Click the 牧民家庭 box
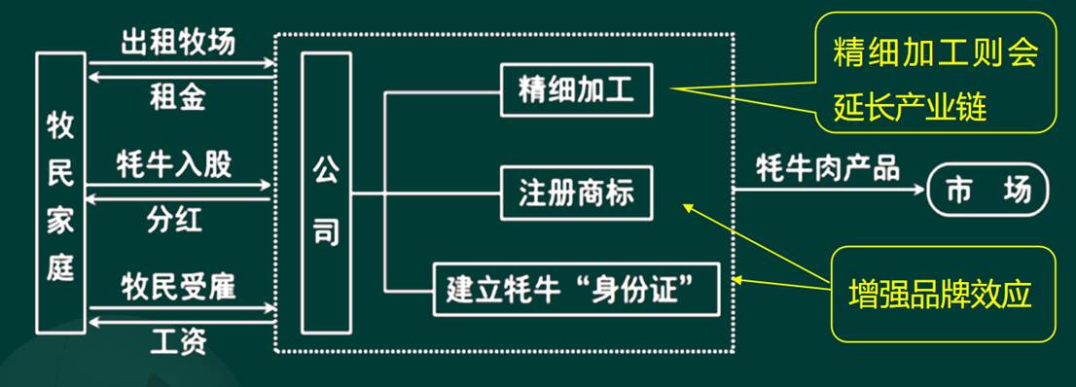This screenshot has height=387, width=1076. [60, 193]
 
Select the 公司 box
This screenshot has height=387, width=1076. [326, 193]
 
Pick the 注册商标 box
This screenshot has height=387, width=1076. [576, 193]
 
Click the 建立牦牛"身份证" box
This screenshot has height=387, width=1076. [576, 289]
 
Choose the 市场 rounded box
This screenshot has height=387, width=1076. [988, 190]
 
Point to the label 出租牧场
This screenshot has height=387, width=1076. [178, 43]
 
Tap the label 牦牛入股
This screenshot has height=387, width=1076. [174, 164]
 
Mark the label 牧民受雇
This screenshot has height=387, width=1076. [178, 288]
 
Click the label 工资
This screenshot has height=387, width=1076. [178, 341]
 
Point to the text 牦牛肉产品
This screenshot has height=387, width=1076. [828, 167]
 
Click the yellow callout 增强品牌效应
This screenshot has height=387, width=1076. [943, 295]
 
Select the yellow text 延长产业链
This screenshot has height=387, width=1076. [910, 108]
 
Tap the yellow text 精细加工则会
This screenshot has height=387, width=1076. [934, 54]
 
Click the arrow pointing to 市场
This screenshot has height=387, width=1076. [829, 189]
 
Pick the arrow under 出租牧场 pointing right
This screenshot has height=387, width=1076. [182, 64]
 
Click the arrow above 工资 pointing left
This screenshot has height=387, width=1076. [182, 322]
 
